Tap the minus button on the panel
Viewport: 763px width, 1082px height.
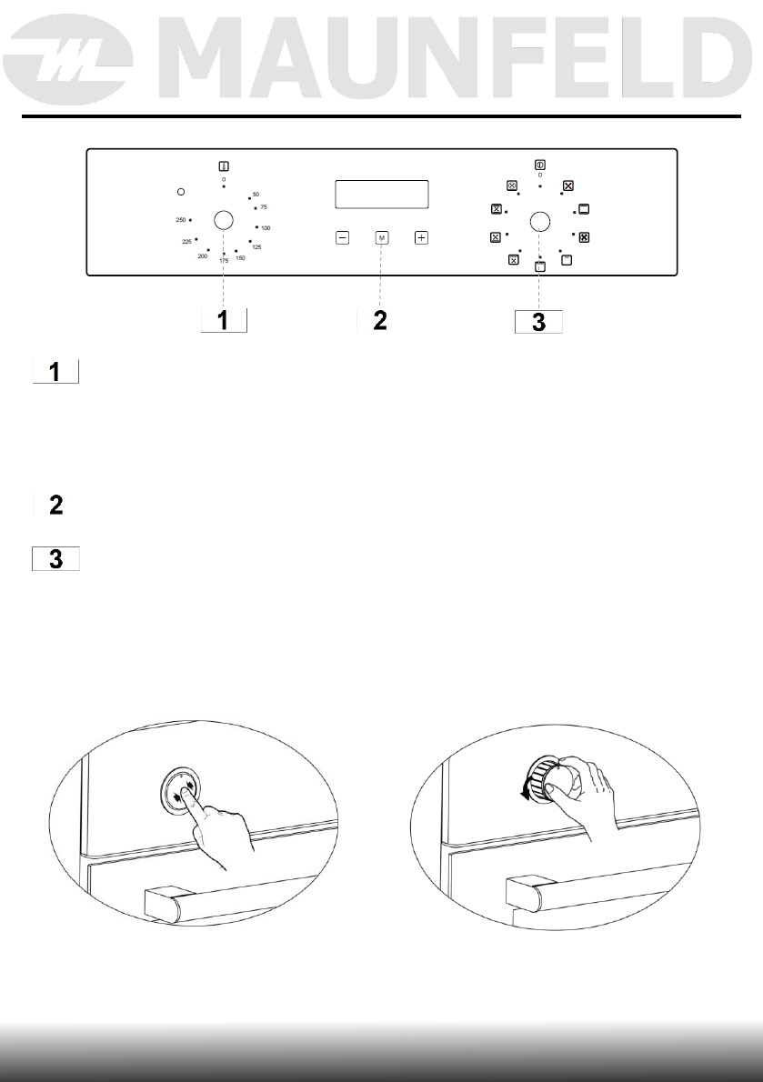pyautogui.click(x=343, y=238)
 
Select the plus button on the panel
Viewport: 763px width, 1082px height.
pyautogui.click(x=421, y=238)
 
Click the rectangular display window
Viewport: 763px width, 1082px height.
pyautogui.click(x=382, y=195)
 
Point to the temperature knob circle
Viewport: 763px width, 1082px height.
pyautogui.click(x=223, y=219)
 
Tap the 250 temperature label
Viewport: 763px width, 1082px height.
pyautogui.click(x=181, y=221)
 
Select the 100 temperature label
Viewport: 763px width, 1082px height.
pyautogui.click(x=266, y=227)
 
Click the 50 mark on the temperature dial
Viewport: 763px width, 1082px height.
pyautogui.click(x=256, y=195)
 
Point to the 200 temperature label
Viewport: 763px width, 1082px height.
pyautogui.click(x=202, y=257)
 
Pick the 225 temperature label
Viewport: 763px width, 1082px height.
pyautogui.click(x=186, y=241)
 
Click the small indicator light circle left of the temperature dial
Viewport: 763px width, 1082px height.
pyautogui.click(x=180, y=192)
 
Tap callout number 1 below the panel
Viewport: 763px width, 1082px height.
pyautogui.click(x=224, y=321)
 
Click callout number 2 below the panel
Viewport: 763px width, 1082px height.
pyautogui.click(x=380, y=321)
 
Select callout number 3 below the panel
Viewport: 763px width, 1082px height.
pyautogui.click(x=538, y=322)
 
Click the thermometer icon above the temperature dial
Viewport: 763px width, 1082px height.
pyautogui.click(x=223, y=166)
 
